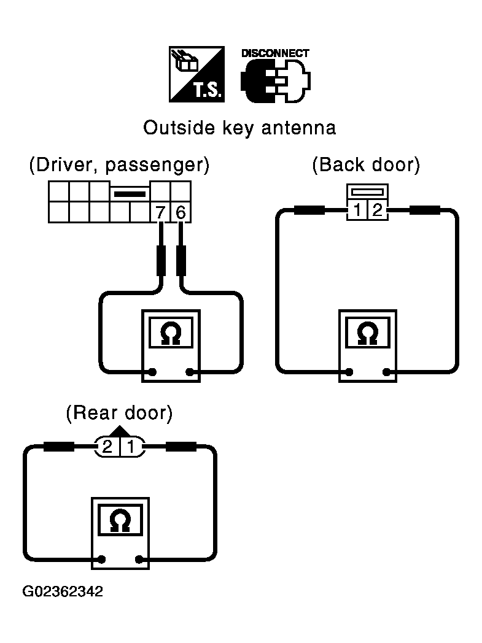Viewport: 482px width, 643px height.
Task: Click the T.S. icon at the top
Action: click(x=196, y=74)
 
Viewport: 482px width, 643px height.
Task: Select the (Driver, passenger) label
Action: click(x=119, y=165)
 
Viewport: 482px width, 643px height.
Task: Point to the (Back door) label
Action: click(x=367, y=165)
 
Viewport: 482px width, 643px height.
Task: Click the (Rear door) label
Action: click(x=119, y=413)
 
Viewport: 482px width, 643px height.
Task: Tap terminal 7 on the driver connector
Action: click(x=161, y=213)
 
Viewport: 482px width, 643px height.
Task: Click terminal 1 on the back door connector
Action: click(x=357, y=211)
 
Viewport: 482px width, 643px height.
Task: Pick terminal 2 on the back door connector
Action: click(x=378, y=211)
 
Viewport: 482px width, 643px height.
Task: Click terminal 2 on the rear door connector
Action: click(x=107, y=446)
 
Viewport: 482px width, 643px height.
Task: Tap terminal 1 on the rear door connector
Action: click(x=131, y=446)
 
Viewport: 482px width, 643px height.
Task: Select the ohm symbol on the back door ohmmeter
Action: click(x=367, y=333)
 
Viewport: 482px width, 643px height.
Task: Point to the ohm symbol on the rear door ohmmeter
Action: click(x=119, y=521)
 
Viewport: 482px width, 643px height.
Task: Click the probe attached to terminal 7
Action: click(x=161, y=260)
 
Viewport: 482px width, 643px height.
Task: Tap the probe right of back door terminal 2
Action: click(x=424, y=210)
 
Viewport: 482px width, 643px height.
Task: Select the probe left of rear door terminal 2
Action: click(x=59, y=446)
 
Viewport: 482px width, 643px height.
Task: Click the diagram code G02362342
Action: click(x=63, y=592)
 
